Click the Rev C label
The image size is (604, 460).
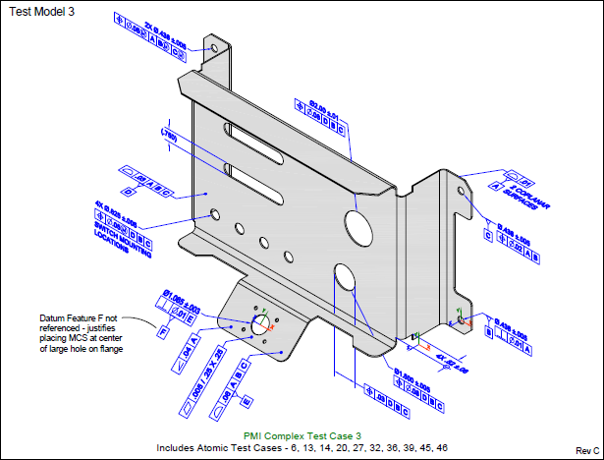[587, 449]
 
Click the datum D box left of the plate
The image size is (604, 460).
[126, 190]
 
